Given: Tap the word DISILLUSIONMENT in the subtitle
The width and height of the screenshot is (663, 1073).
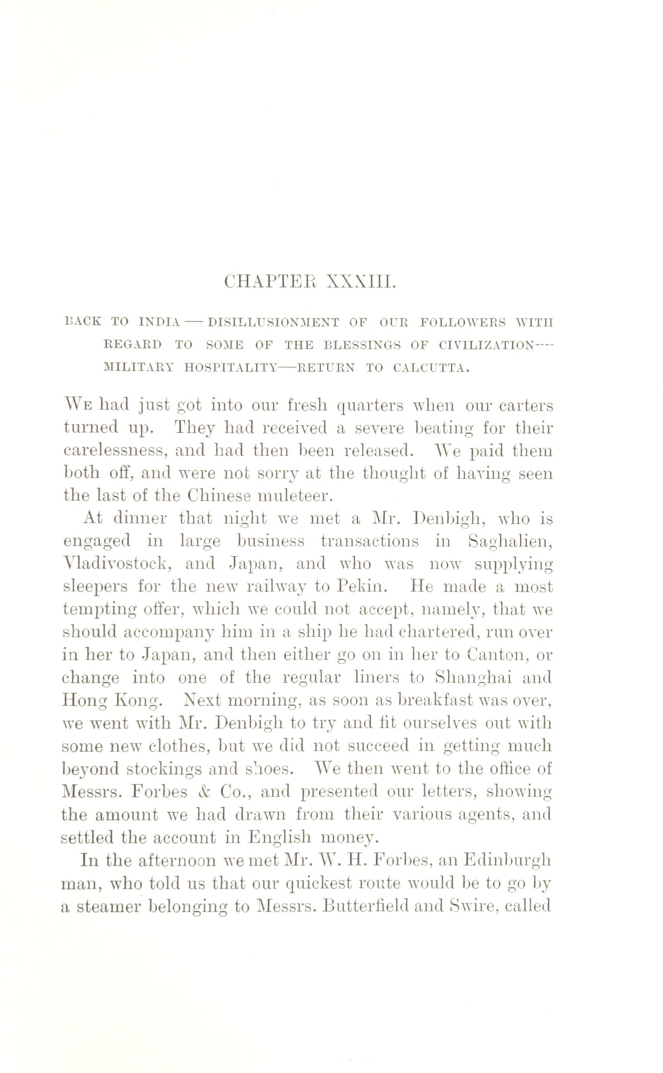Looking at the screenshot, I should click(273, 323).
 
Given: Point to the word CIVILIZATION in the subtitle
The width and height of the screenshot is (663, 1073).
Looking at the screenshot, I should click(487, 345).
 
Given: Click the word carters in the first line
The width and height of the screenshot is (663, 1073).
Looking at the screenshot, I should click(525, 406).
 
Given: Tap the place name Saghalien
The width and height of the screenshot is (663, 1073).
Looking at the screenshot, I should click(509, 541).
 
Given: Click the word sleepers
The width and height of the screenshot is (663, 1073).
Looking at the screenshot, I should click(96, 587).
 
